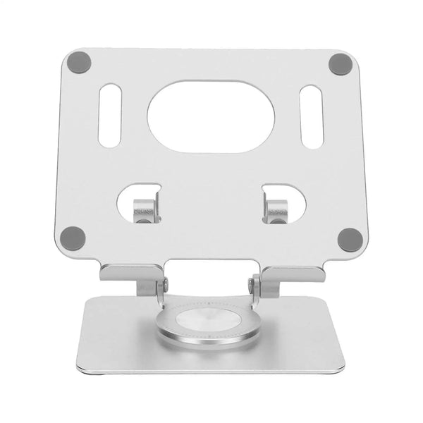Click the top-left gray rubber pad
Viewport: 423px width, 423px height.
[80, 63]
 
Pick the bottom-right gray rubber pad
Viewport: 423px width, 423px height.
[349, 238]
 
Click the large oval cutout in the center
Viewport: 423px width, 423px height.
[211, 116]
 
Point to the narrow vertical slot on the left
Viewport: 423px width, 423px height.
[109, 116]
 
